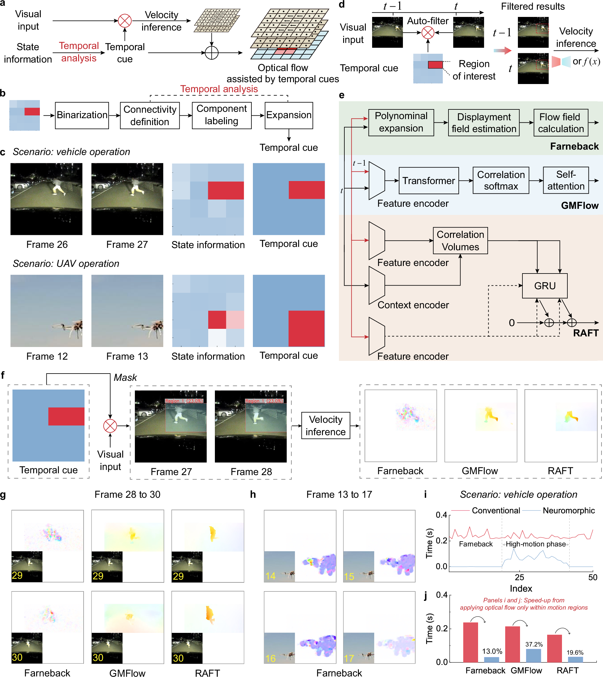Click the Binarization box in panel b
(x=82, y=115)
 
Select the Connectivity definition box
(x=150, y=115)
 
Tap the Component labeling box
(x=221, y=115)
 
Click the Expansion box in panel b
(x=289, y=115)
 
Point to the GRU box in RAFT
(x=544, y=286)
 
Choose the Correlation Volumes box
(x=460, y=241)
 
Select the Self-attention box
(x=566, y=180)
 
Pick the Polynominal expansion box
(x=401, y=122)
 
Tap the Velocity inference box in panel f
(x=325, y=426)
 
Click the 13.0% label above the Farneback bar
(x=492, y=651)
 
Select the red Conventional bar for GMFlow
(x=512, y=644)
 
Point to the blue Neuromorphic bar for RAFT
(x=575, y=659)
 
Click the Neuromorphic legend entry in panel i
(x=569, y=510)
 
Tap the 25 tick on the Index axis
(x=519, y=578)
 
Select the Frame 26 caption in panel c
(x=47, y=245)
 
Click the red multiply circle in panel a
(x=125, y=21)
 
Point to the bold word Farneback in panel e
(x=574, y=146)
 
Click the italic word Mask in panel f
(x=125, y=377)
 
